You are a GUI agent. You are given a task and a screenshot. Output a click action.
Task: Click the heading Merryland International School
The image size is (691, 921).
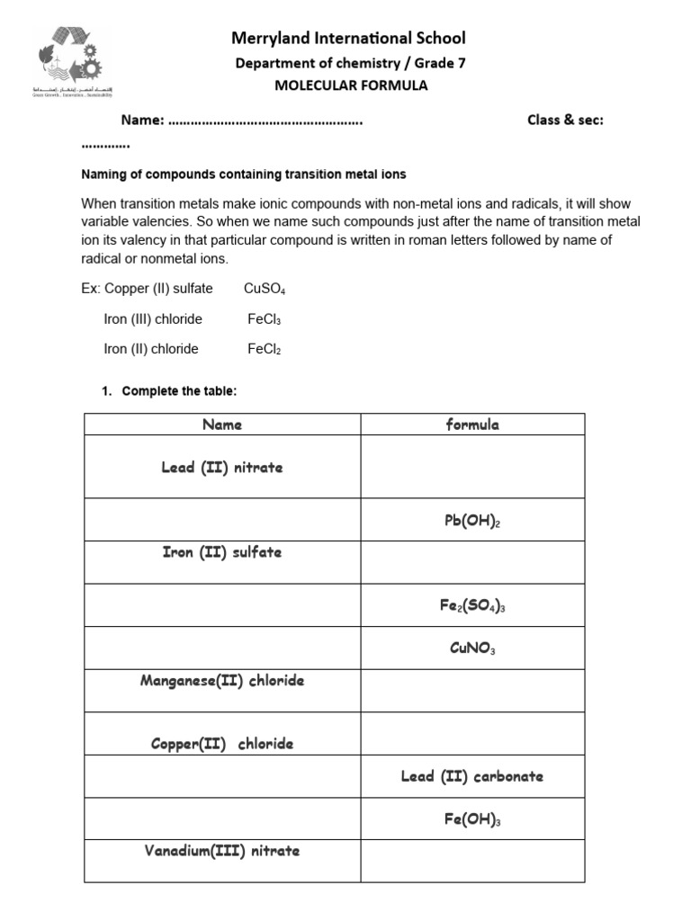click(349, 38)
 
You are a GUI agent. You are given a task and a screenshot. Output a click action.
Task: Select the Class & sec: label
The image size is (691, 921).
click(565, 121)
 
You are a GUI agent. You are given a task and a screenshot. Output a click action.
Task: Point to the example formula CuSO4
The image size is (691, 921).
click(265, 289)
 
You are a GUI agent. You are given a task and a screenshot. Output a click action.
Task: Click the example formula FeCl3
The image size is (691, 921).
click(265, 319)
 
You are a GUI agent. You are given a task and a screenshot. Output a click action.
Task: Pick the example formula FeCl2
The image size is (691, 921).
click(265, 349)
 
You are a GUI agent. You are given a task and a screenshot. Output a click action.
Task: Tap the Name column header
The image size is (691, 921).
click(222, 425)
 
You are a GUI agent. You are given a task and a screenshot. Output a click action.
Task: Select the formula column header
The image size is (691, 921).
click(472, 425)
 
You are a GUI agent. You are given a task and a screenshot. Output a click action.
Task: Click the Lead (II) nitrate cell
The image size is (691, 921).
click(222, 468)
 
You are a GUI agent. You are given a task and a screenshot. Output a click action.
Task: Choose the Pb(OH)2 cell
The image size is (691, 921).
click(472, 521)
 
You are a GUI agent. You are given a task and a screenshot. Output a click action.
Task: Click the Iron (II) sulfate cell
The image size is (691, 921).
click(222, 552)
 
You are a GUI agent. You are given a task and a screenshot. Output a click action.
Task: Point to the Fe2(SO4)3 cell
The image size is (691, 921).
click(472, 606)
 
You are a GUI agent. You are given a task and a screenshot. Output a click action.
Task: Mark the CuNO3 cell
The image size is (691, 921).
click(472, 648)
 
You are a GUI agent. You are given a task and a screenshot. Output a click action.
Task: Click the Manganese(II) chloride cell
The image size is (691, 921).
click(222, 681)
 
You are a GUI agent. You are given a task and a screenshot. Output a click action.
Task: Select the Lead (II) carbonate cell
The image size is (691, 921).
click(472, 776)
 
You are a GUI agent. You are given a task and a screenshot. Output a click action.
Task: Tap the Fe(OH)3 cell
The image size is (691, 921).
click(472, 819)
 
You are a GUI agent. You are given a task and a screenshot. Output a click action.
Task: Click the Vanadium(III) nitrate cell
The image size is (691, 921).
click(222, 851)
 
